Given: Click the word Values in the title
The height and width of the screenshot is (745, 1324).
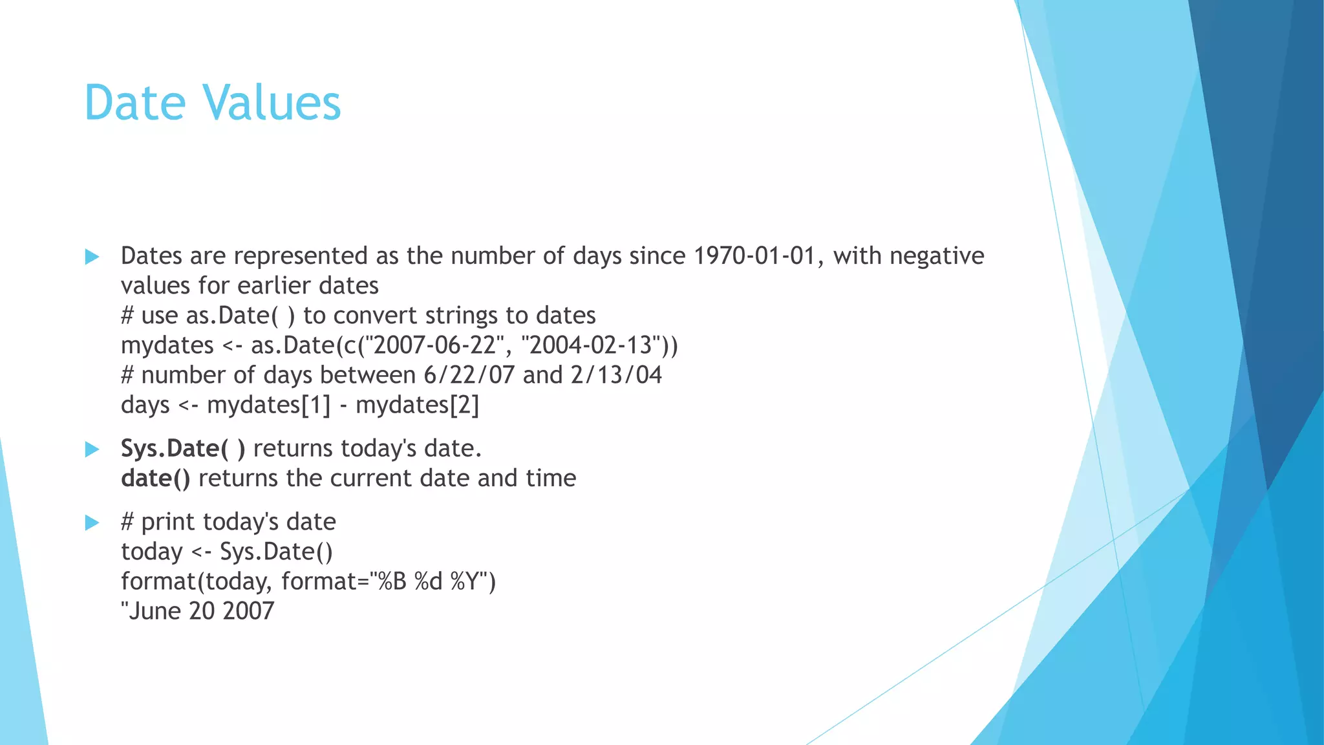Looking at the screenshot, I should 271,103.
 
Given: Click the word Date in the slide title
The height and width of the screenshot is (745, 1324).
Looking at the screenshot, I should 135,103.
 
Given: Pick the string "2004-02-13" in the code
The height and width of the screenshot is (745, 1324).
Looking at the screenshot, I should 590,345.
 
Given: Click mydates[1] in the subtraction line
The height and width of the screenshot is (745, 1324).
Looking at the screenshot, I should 268,405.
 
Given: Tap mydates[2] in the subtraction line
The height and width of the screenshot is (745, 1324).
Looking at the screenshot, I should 417,405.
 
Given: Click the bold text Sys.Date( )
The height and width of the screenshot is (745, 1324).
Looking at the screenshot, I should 183,449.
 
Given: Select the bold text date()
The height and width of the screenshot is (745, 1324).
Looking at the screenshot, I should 155,479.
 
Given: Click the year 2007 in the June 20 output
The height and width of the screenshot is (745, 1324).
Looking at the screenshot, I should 248,611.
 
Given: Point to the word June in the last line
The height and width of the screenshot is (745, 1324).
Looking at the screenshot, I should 154,611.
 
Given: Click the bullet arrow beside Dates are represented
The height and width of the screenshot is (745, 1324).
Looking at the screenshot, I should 92,257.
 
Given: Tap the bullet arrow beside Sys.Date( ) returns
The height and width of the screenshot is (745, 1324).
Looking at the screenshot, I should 92,449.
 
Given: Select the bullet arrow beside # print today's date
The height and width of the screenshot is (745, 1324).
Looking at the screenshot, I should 92,523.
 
